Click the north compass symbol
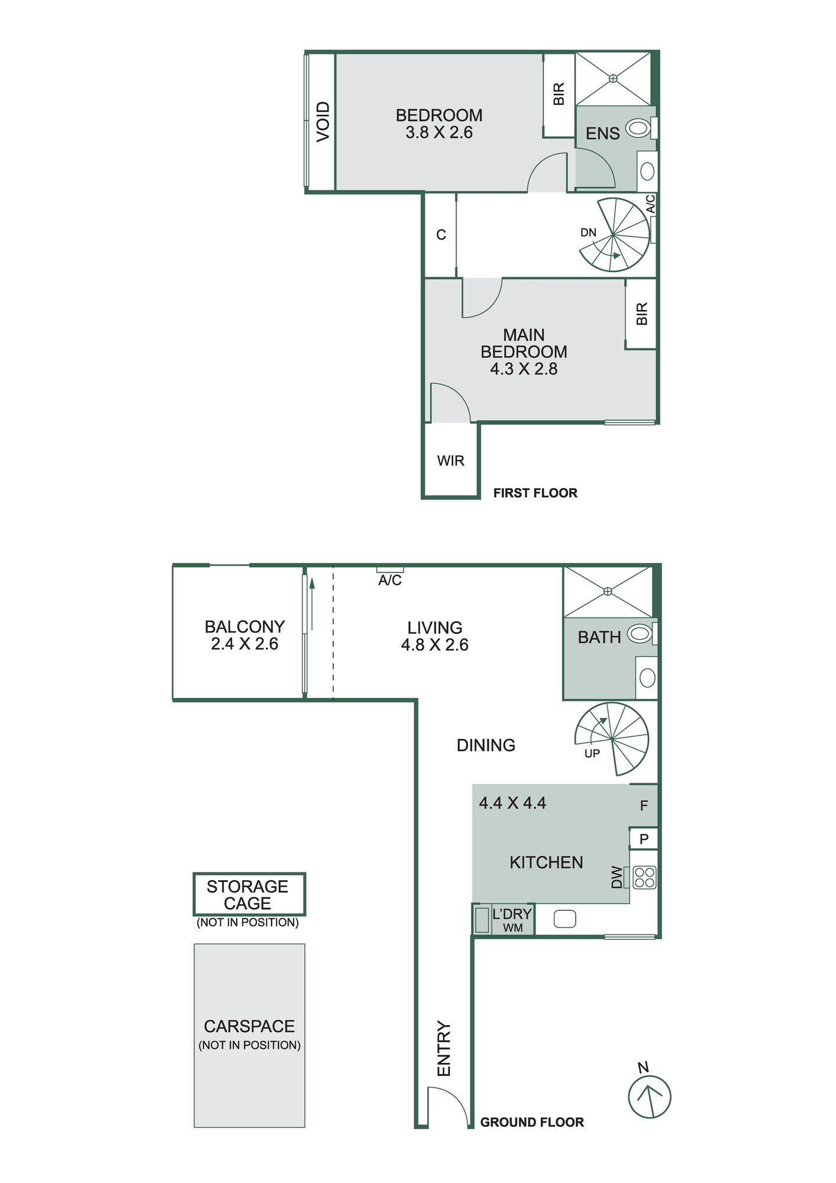tap(649, 1097)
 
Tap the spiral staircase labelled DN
tap(614, 235)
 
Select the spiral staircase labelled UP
tap(612, 739)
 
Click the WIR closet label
tap(450, 461)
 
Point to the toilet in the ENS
tap(638, 128)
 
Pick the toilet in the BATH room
tap(640, 634)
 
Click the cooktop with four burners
tap(644, 878)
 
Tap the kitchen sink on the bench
tap(564, 919)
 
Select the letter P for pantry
tap(644, 839)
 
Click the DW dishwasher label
tap(617, 877)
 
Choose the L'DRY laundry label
tap(512, 914)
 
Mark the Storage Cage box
tap(248, 894)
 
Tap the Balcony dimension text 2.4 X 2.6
tap(244, 644)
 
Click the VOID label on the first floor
tap(322, 122)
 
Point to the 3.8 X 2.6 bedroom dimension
tap(439, 132)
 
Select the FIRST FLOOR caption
tap(535, 493)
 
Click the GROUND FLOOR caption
tap(531, 1123)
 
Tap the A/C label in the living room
tap(390, 581)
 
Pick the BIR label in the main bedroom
tap(642, 313)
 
